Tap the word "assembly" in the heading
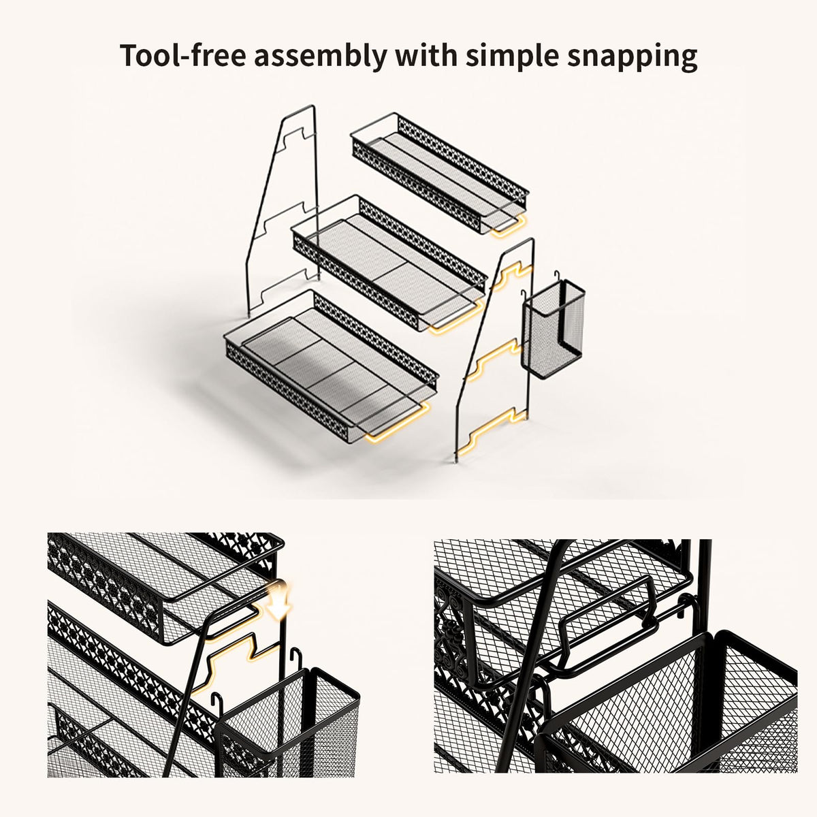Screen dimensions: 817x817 tap(320, 56)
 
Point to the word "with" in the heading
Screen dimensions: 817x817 tap(426, 55)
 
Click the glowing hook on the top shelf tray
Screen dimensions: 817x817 tap(509, 224)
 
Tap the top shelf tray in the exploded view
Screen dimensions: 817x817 tap(440, 174)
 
